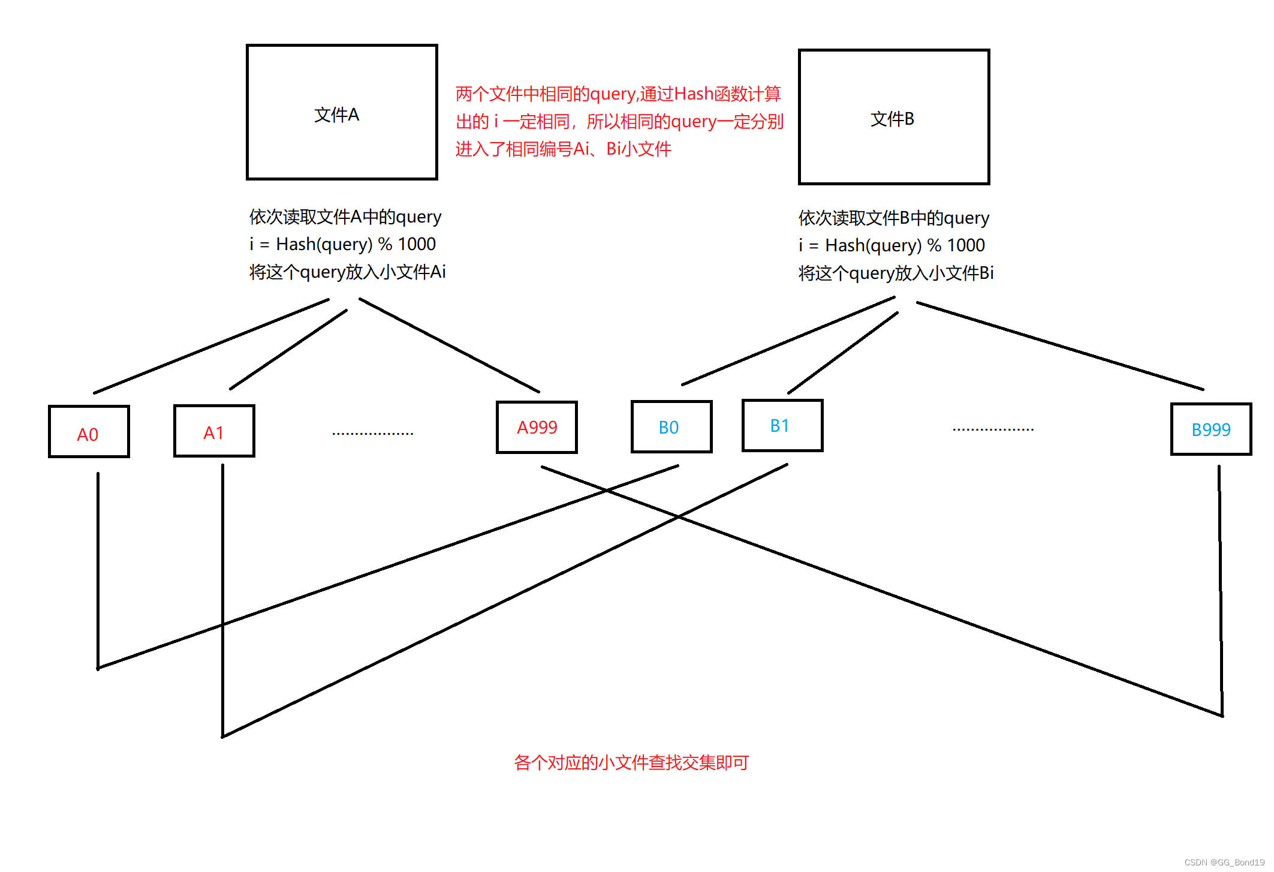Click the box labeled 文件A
point(342,112)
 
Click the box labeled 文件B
point(893,117)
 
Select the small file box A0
point(89,432)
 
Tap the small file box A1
point(214,431)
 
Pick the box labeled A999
point(537,427)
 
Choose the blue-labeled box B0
point(671,427)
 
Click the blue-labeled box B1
point(782,425)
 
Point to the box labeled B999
point(1211,429)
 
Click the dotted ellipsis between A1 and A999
point(372,433)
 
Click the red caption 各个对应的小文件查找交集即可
point(631,763)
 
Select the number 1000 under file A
point(417,245)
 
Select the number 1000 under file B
point(966,246)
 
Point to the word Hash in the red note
point(694,94)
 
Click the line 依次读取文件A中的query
point(345,217)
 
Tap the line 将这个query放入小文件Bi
point(896,273)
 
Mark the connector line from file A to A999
point(450,345)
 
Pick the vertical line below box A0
point(98,570)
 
